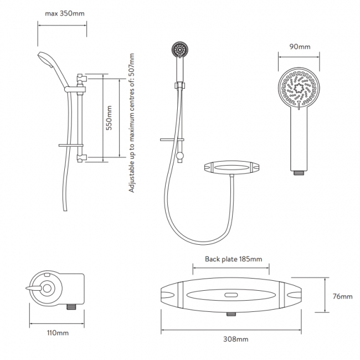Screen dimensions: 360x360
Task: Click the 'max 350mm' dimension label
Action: (x=62, y=13)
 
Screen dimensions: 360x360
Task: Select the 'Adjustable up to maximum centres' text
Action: (x=132, y=123)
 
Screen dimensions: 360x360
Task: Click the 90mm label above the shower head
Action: (x=301, y=47)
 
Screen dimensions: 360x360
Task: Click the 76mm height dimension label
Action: (x=343, y=296)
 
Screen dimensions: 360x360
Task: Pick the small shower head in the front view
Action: (x=179, y=51)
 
